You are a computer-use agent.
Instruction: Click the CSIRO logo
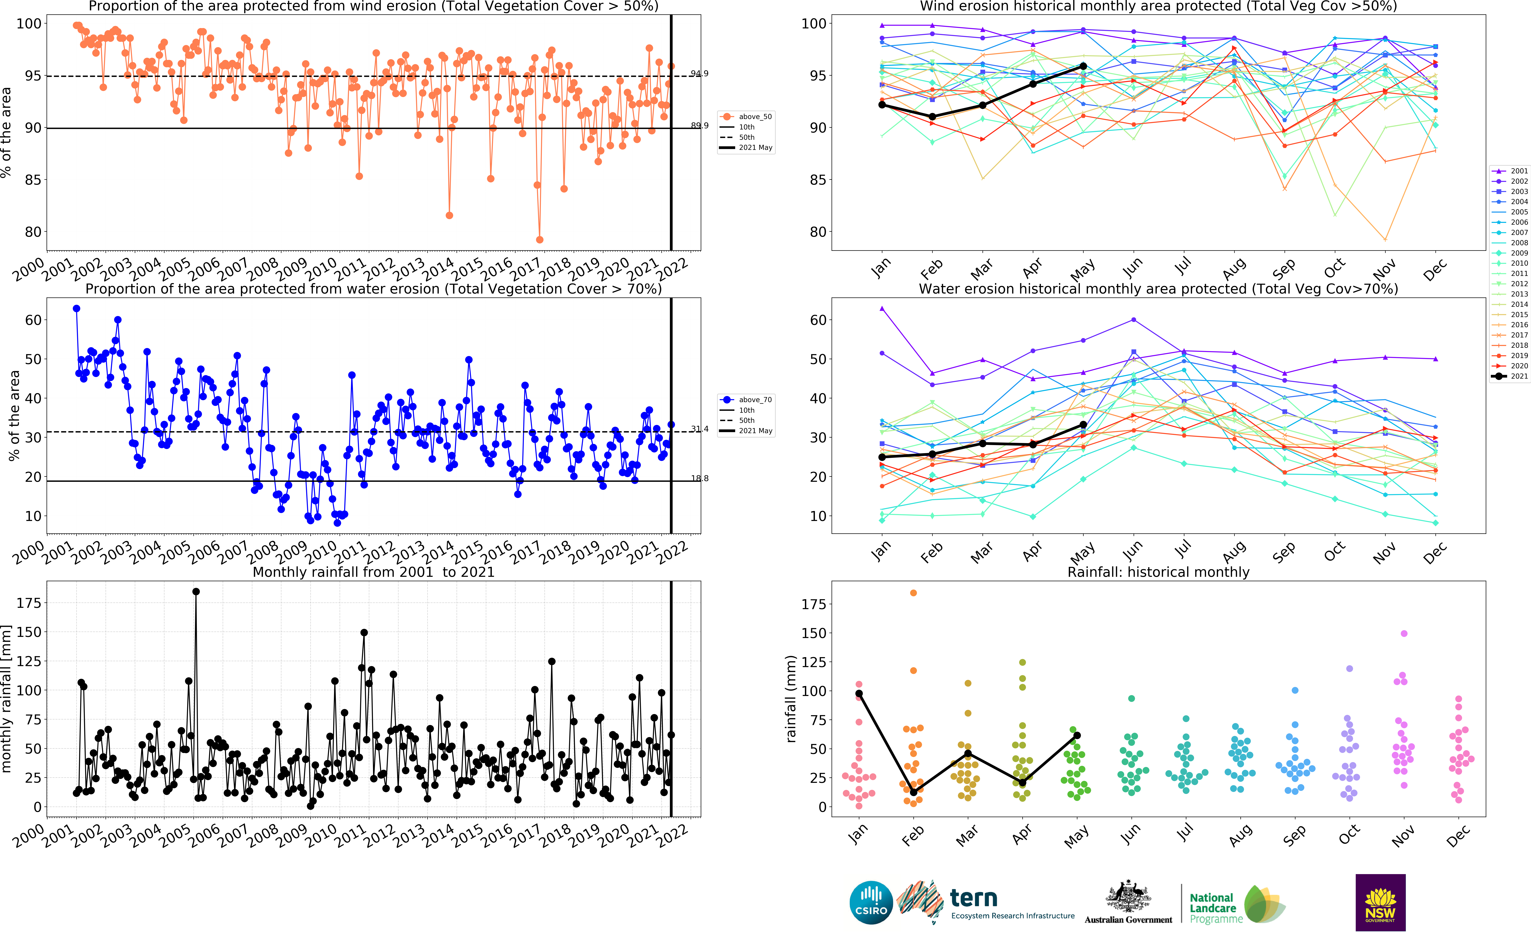(871, 903)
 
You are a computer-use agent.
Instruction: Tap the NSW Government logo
(1380, 903)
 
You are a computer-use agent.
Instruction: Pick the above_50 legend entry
(747, 117)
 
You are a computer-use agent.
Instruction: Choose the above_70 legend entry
(747, 400)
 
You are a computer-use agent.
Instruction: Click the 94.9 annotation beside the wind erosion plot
(699, 74)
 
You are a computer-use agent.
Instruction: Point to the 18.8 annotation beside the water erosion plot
(699, 478)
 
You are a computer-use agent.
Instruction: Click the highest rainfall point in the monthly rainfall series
(196, 592)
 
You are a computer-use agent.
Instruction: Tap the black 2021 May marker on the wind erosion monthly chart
(1083, 66)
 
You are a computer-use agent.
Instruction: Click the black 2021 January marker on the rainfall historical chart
(859, 694)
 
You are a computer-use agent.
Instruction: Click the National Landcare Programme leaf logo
(1263, 904)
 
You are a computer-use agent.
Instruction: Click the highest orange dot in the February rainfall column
(913, 593)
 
